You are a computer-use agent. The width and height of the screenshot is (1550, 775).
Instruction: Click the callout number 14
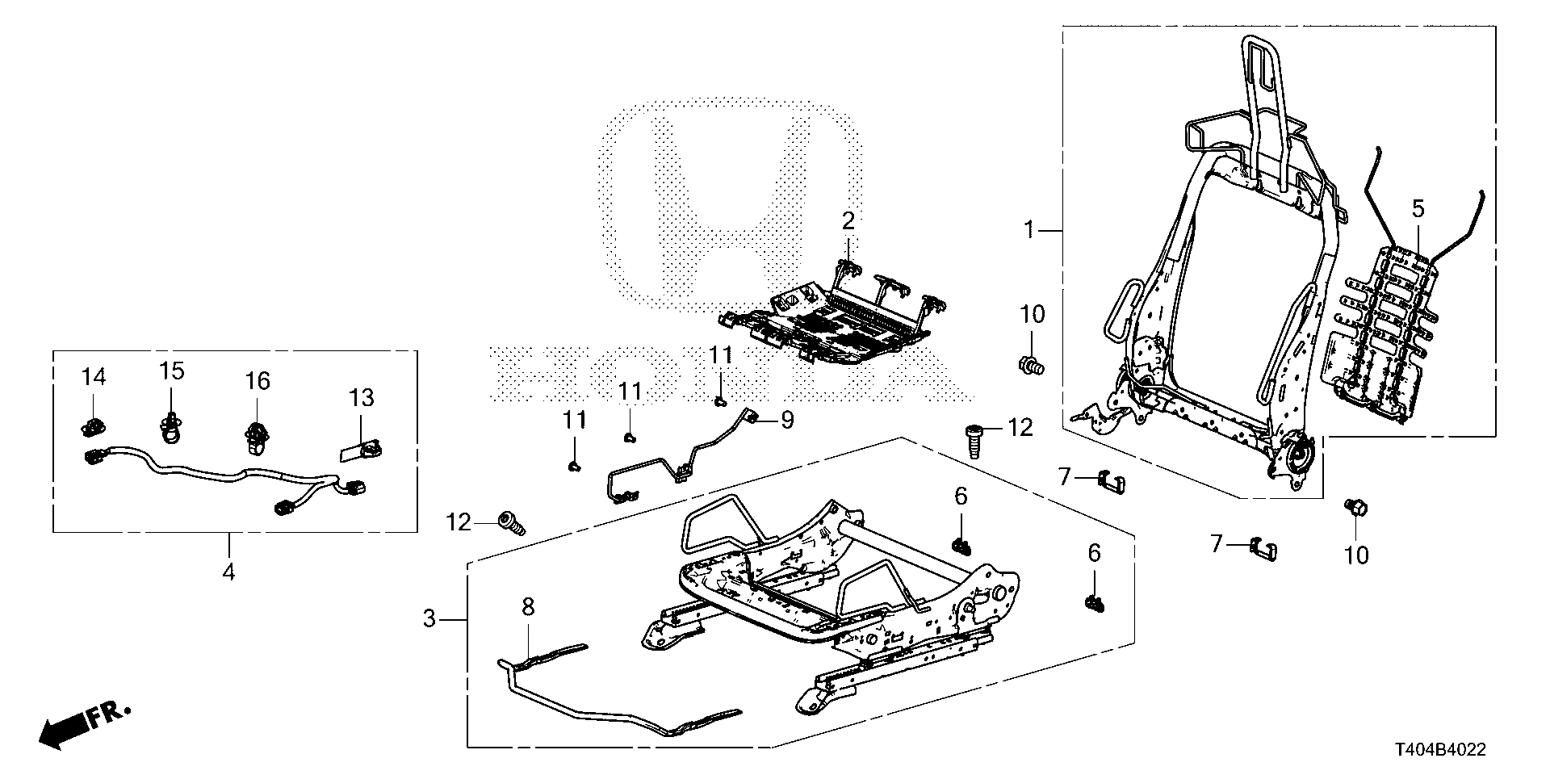pos(94,376)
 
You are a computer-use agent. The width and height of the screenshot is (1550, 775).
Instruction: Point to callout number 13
pos(362,397)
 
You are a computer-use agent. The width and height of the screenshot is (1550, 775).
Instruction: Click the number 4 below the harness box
pos(228,572)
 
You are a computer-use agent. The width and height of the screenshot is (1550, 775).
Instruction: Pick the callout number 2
pos(848,220)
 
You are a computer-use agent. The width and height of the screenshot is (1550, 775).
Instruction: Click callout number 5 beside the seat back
pos(1418,209)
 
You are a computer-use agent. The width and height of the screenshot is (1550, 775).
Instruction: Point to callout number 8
pos(528,607)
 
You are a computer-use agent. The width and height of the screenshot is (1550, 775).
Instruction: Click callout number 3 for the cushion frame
pos(429,619)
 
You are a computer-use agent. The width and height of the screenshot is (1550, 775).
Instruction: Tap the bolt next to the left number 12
pos(511,524)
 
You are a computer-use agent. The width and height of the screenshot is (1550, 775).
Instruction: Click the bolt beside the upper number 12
pos(974,440)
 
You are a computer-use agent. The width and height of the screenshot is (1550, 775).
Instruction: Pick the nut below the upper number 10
pos(1030,365)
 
